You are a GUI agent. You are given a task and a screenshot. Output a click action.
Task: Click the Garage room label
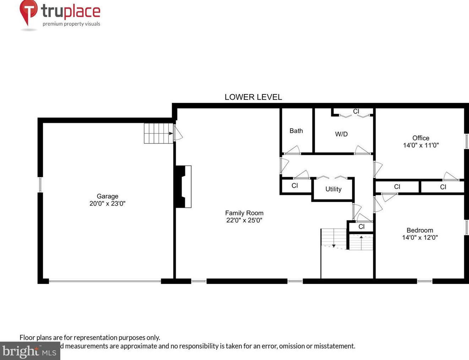click(x=107, y=196)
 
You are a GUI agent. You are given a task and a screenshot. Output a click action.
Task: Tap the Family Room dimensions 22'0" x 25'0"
click(x=244, y=220)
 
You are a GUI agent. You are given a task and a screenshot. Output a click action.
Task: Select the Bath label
click(x=296, y=131)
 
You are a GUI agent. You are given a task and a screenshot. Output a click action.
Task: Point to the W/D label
click(x=341, y=134)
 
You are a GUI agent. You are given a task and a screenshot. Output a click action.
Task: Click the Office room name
click(x=421, y=138)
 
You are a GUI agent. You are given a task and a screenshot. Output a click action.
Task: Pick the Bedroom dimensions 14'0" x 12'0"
click(x=420, y=238)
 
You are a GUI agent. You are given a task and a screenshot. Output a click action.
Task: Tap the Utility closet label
click(x=333, y=189)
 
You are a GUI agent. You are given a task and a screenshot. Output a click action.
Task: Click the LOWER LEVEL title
click(x=253, y=97)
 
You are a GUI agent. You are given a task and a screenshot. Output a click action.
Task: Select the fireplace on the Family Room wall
click(x=184, y=186)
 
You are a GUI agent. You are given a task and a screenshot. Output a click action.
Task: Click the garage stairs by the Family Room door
click(x=158, y=133)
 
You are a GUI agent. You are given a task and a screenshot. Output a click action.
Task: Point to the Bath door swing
click(x=293, y=150)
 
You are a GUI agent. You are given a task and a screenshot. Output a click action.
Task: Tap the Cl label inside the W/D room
click(x=356, y=111)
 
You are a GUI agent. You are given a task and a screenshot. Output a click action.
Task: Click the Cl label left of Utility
click(x=295, y=185)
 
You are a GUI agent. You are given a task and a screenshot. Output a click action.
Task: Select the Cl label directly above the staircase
click(x=361, y=227)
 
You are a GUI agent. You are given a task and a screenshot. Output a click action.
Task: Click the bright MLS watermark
click(x=30, y=351)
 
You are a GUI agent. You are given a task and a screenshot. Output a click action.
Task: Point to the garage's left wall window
click(x=40, y=185)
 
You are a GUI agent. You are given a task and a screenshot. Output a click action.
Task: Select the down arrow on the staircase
click(x=334, y=245)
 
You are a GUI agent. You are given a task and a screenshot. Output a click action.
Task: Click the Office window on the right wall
click(x=467, y=141)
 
